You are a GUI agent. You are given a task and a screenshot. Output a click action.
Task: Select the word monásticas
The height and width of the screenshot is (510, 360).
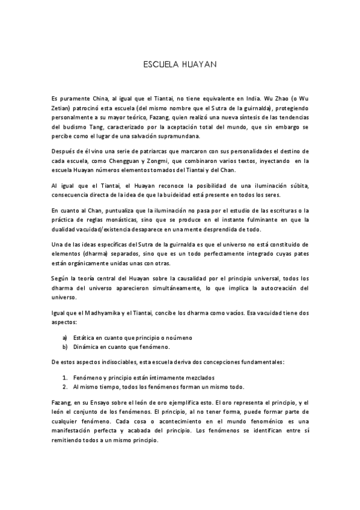point(135,221)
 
